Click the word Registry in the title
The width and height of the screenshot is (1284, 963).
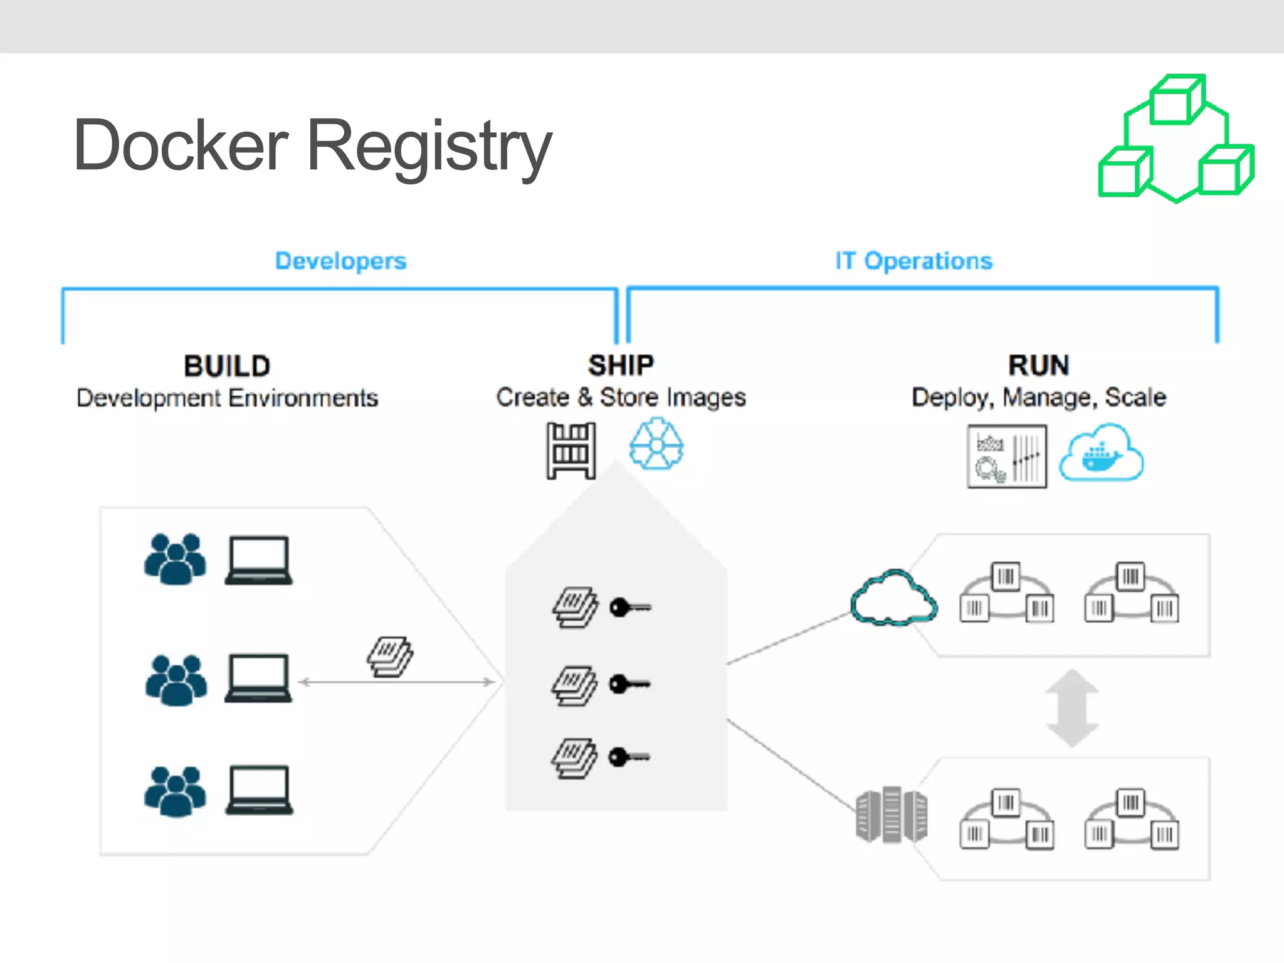[x=429, y=147]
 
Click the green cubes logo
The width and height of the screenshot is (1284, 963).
[x=1176, y=139]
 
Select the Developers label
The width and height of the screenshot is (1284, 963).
[x=340, y=261]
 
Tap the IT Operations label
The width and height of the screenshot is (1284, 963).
[x=913, y=261]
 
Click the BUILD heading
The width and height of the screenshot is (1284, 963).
[x=227, y=366]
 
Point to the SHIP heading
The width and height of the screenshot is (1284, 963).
[x=621, y=366]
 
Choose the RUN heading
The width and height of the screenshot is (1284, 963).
[x=1039, y=366]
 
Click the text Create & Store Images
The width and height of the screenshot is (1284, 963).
[x=621, y=397]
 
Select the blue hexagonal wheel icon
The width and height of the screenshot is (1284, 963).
[x=656, y=445]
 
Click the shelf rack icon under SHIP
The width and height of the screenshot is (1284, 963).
[x=571, y=451]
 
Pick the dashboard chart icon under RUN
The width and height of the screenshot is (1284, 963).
[x=1007, y=456]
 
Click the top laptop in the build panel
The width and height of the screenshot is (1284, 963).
[x=258, y=560]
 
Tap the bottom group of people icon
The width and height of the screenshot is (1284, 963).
[x=175, y=791]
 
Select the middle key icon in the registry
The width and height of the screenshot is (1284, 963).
[x=629, y=684]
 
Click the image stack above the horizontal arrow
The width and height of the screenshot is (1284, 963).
[x=390, y=656]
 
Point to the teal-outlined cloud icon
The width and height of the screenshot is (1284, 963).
[x=893, y=598]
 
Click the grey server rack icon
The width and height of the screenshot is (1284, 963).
[x=891, y=815]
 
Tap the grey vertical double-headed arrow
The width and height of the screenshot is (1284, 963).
[x=1072, y=708]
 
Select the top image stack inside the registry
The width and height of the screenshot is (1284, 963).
[x=574, y=607]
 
